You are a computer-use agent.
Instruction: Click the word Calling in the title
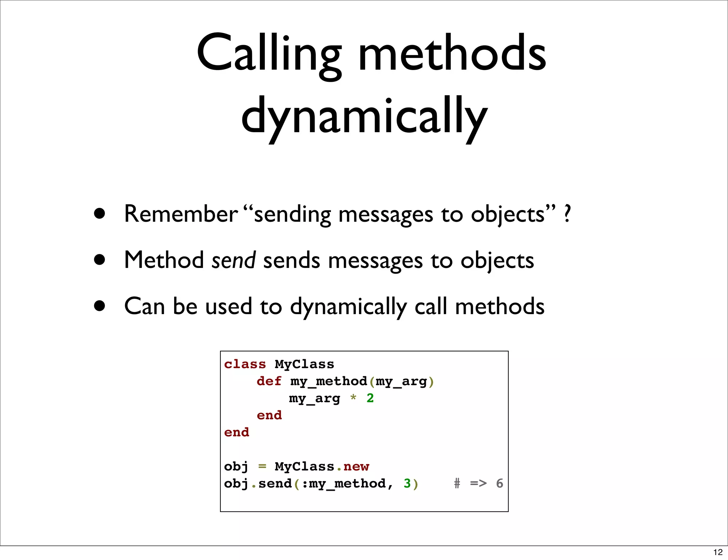point(269,53)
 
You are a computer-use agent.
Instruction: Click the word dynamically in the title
point(364,117)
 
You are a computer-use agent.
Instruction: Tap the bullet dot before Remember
point(100,214)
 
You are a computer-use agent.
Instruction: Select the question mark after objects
point(567,214)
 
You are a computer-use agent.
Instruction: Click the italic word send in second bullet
point(233,260)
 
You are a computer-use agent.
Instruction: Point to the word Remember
point(181,214)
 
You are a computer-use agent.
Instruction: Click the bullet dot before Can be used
point(100,306)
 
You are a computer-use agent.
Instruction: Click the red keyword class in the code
point(245,364)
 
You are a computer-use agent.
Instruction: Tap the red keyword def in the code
point(269,381)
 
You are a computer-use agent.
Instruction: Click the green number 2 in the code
point(370,398)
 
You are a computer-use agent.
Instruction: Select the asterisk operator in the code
point(353,398)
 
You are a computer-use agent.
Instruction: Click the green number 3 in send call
point(407,484)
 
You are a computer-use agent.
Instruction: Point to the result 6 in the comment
point(499,484)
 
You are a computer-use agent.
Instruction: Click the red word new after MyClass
point(356,467)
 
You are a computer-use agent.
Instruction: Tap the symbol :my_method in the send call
point(344,484)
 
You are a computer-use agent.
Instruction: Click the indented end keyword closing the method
point(269,415)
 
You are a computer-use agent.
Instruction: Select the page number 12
point(718,552)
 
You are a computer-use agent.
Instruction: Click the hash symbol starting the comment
point(457,484)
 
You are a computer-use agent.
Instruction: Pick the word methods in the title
point(452,53)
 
